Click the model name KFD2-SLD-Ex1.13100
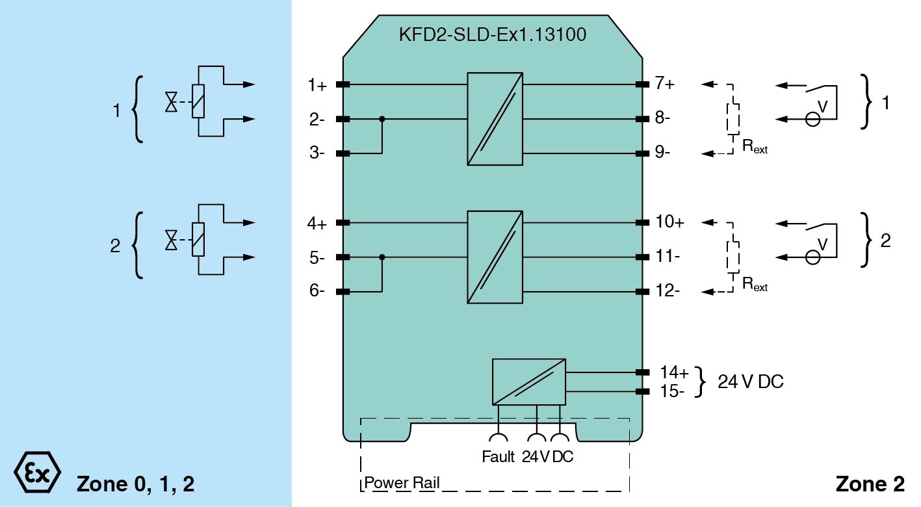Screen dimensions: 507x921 pyautogui.click(x=492, y=34)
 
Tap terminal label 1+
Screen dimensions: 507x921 pyautogui.click(x=318, y=85)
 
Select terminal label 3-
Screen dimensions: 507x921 pyautogui.click(x=318, y=154)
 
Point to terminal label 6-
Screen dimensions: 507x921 pyautogui.click(x=318, y=292)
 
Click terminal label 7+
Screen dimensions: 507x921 pyautogui.click(x=665, y=83)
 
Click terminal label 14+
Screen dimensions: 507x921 pyautogui.click(x=674, y=372)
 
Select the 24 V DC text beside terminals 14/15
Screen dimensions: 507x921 pyautogui.click(x=750, y=382)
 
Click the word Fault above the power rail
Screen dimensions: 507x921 pyautogui.click(x=499, y=457)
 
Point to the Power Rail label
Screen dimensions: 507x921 pyautogui.click(x=402, y=483)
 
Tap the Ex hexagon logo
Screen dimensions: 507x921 pyautogui.click(x=37, y=470)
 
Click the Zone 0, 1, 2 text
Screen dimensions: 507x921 pyautogui.click(x=136, y=484)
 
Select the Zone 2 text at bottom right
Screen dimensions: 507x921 pyautogui.click(x=870, y=484)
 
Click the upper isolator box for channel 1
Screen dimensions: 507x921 pyautogui.click(x=495, y=118)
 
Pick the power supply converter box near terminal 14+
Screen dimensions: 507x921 pyautogui.click(x=528, y=382)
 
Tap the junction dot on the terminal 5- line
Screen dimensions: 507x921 pyautogui.click(x=382, y=257)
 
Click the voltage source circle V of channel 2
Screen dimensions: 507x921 pyautogui.click(x=812, y=257)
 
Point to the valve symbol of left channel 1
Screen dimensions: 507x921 pyautogui.click(x=172, y=102)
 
